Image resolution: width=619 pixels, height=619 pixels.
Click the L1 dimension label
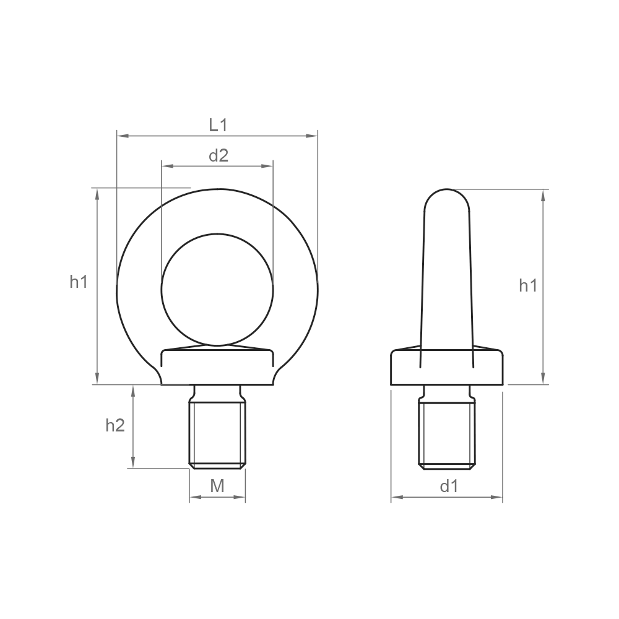pos(218,125)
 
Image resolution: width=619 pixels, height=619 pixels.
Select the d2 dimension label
pos(219,155)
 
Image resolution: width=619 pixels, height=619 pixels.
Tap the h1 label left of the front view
pos(78,282)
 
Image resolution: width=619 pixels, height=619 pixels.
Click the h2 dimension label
pos(115,425)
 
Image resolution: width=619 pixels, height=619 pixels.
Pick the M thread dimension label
pos(217,486)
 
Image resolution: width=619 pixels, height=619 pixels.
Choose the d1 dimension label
pos(449,487)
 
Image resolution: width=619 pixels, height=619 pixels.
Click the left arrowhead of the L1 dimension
pos(123,136)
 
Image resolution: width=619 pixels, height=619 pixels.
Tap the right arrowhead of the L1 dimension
pos(312,136)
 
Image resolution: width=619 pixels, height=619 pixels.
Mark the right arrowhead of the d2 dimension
pos(267,166)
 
